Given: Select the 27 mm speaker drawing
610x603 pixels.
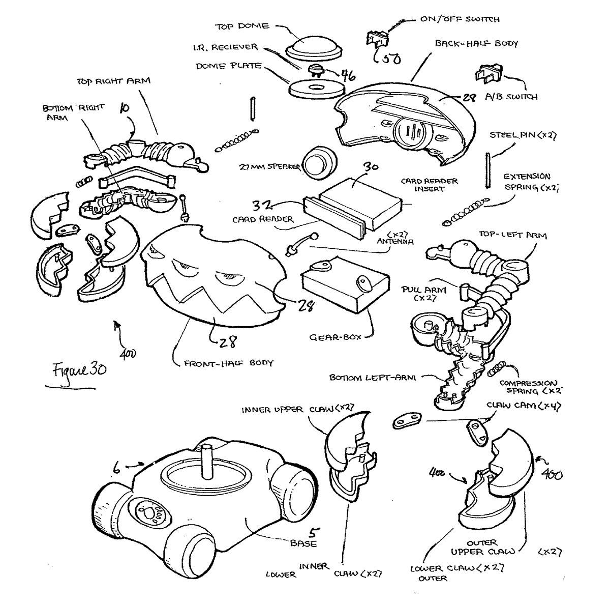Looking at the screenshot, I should [319, 164].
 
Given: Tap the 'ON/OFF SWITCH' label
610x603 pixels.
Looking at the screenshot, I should [460, 19].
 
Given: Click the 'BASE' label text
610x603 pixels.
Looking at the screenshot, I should [303, 543].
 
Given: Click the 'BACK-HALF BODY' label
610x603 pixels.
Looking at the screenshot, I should [476, 44].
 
